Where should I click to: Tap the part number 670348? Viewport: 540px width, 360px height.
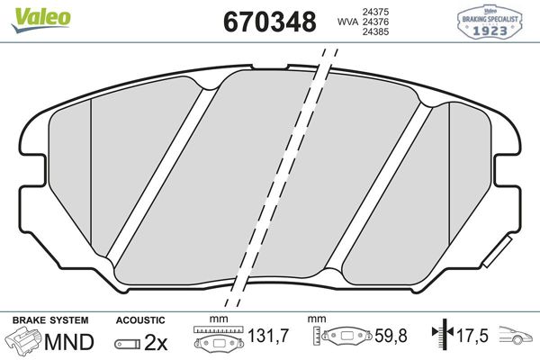269,22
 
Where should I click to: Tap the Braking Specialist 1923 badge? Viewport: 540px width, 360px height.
491,21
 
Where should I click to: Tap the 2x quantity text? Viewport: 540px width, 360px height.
157,342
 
